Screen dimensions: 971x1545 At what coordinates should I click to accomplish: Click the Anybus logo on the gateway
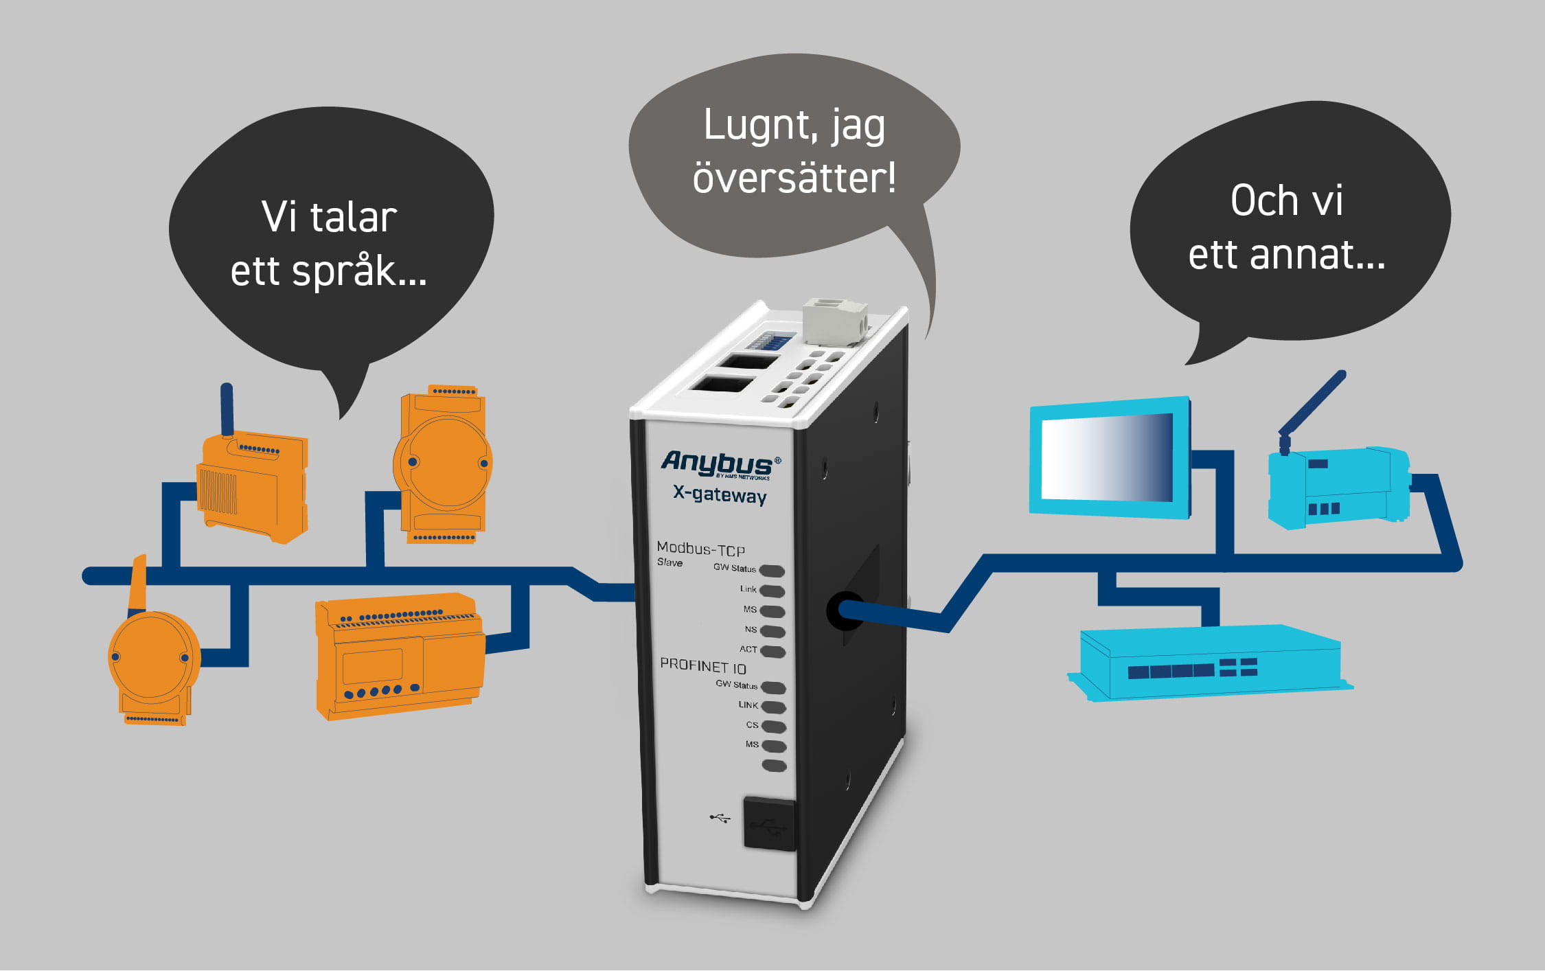pos(718,464)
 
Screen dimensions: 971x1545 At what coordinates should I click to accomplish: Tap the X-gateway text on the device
pos(720,494)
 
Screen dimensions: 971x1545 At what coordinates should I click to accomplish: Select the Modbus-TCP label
pos(700,549)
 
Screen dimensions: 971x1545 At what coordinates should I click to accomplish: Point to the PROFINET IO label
pos(702,666)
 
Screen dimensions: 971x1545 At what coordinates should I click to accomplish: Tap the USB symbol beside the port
pos(720,818)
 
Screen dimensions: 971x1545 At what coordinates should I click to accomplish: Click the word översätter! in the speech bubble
pos(794,179)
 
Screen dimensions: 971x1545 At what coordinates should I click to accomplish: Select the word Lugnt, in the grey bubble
pos(755,126)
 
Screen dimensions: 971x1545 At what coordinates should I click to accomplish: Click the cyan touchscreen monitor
pos(1108,457)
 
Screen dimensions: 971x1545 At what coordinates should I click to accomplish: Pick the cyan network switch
pos(1209,663)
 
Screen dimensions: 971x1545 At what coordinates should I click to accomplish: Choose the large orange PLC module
pos(398,656)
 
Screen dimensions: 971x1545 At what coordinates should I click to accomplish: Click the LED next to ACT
pos(773,651)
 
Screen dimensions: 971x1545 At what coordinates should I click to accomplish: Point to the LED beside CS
pos(774,727)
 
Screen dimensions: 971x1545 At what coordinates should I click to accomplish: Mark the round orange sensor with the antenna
pos(152,659)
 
